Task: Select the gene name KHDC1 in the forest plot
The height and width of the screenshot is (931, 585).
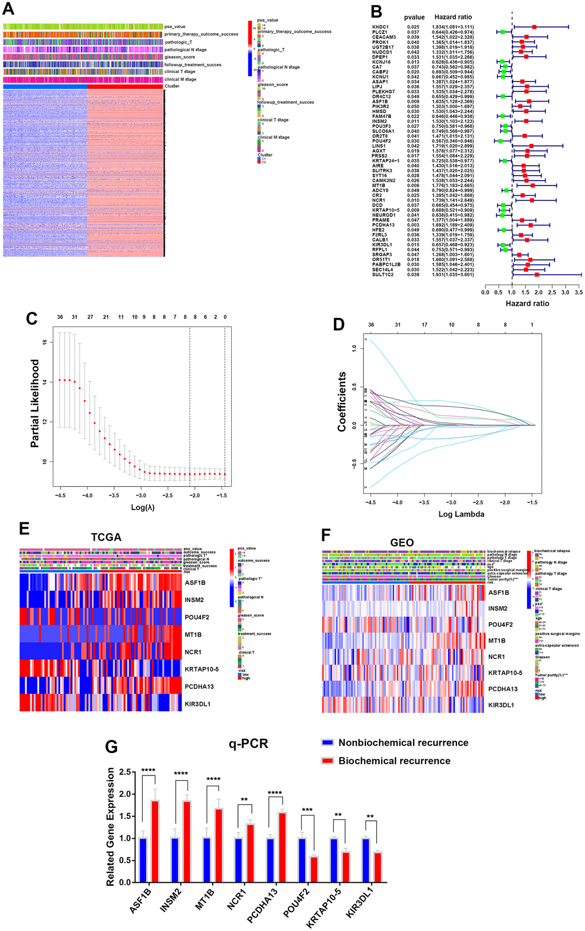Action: tap(380, 27)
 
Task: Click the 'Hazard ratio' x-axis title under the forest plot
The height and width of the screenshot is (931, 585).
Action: tap(527, 303)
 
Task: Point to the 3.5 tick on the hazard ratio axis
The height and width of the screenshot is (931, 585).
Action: tap(578, 292)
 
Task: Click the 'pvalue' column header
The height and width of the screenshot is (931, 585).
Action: tap(414, 17)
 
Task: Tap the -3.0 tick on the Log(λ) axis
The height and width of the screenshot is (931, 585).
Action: tap(141, 495)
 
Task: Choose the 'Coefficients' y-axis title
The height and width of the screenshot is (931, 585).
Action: tap(342, 401)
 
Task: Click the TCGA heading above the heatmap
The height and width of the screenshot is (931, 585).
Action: tap(106, 537)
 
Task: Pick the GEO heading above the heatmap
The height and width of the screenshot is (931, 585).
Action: tap(401, 542)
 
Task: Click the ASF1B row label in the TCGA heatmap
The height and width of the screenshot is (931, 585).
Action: tap(195, 583)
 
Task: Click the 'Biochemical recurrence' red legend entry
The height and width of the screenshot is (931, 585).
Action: tap(394, 761)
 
